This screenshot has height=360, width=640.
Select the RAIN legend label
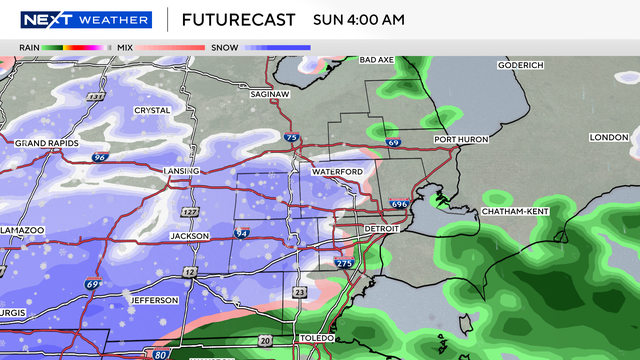click(28, 47)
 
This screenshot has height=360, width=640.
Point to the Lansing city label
click(182, 171)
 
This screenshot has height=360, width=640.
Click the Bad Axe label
click(377, 60)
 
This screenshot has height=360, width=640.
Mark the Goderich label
click(521, 65)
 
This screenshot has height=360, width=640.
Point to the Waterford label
click(337, 172)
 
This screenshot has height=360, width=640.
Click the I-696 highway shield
click(398, 203)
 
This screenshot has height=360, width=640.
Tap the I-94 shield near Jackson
click(241, 234)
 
